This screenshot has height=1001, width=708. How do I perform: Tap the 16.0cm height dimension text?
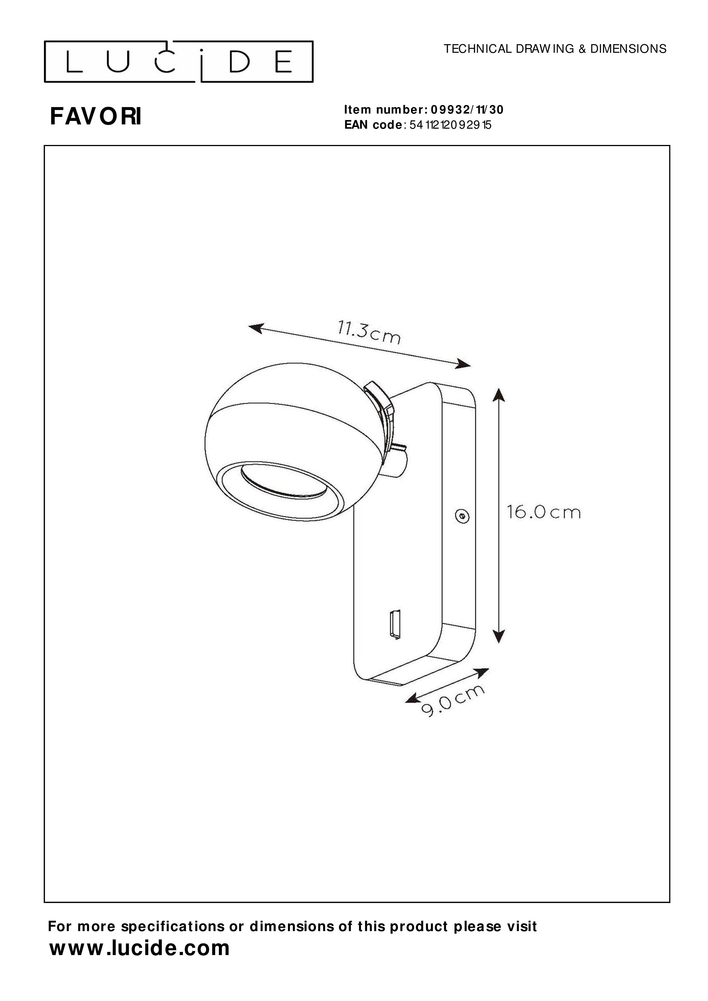click(x=544, y=512)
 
